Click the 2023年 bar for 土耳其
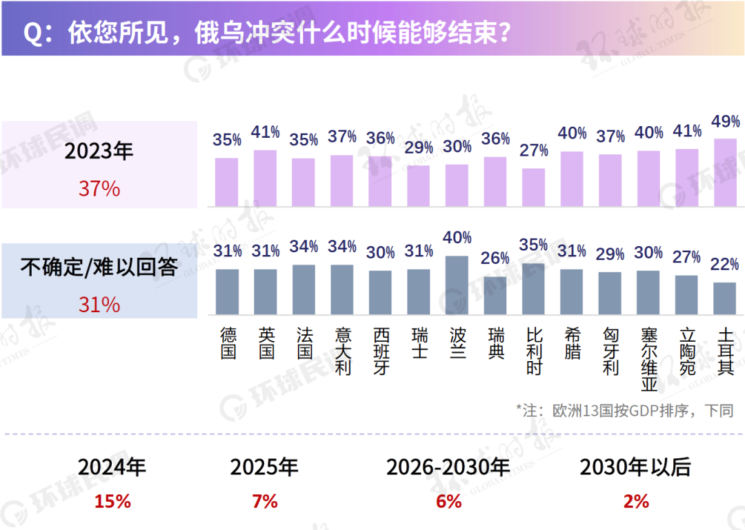pos(725,173)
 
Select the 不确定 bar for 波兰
pos(457,286)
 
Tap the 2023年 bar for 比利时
pos(533,187)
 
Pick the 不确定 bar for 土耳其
pos(725,299)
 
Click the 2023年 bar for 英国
pos(266,179)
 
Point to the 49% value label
pos(726,122)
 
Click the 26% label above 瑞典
pos(495,258)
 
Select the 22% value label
pos(725,264)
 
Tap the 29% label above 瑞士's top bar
pos(419,147)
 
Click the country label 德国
pos(228,343)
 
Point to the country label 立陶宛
pos(687,351)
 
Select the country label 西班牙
pos(381,351)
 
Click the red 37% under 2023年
pos(99,189)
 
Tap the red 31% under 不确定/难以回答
pos(99,305)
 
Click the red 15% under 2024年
pos(112,501)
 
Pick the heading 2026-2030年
pos(448,467)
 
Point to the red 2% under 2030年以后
pos(635,501)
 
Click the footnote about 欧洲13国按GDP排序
pos(625,411)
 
